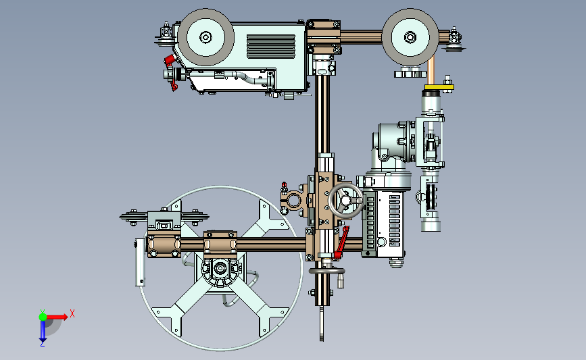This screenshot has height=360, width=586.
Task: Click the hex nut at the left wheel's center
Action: (x=205, y=37)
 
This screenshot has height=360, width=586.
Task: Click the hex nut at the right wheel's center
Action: (x=410, y=37)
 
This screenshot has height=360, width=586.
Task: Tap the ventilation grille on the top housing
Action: (x=271, y=47)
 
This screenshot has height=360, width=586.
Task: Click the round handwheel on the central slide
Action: (x=345, y=201)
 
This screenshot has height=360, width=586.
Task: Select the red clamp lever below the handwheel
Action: (x=341, y=242)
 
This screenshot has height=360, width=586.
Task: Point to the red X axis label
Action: (x=72, y=313)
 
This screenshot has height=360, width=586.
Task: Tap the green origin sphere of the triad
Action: (x=43, y=317)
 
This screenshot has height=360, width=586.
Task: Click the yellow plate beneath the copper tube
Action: (x=439, y=87)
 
